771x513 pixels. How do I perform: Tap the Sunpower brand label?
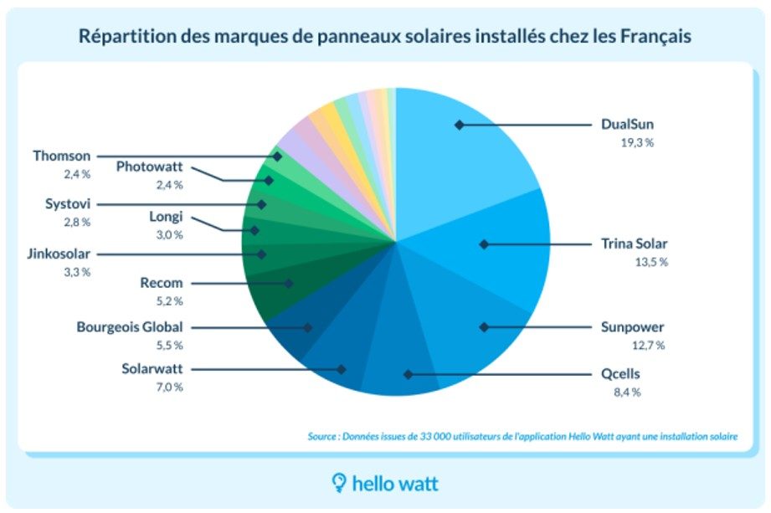click(x=632, y=326)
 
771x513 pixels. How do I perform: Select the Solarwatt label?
click(x=164, y=368)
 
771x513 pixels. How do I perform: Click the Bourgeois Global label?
click(x=130, y=326)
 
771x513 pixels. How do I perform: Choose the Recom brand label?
click(x=161, y=283)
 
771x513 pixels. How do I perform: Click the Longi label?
click(x=167, y=217)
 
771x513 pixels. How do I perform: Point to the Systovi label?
click(x=67, y=203)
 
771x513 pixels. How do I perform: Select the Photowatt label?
click(x=149, y=166)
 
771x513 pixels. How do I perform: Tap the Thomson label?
click(x=62, y=156)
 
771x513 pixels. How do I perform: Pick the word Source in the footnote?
click(x=324, y=436)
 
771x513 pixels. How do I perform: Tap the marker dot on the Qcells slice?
click(x=407, y=375)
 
